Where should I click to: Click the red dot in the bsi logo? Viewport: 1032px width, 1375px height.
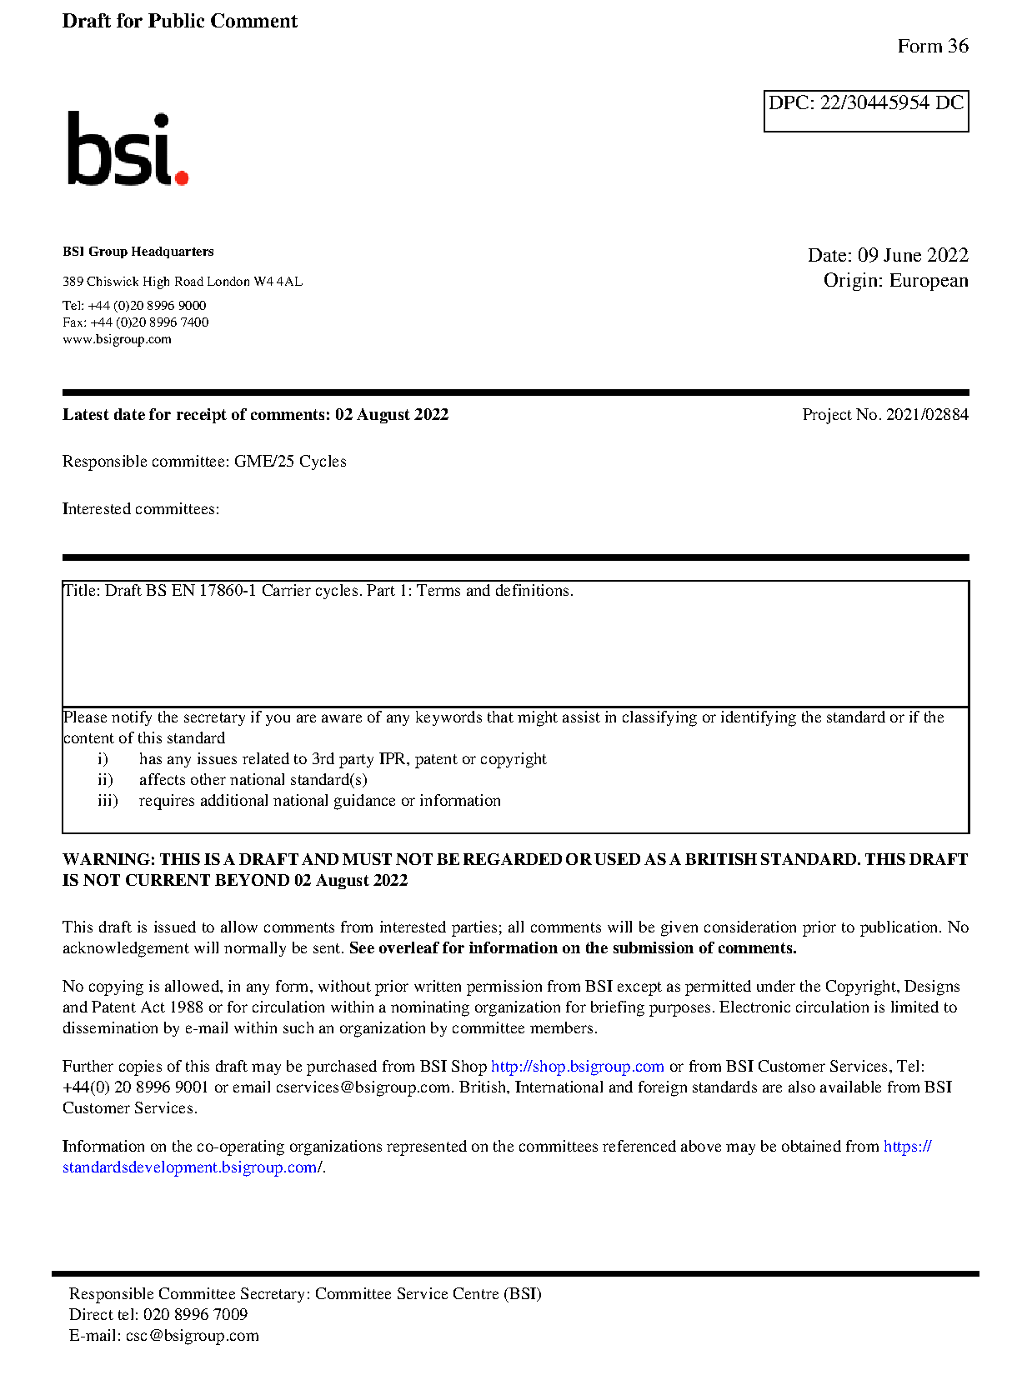coord(181,177)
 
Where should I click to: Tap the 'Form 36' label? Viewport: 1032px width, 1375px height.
coord(932,46)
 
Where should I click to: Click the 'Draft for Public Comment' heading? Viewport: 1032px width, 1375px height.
coord(179,21)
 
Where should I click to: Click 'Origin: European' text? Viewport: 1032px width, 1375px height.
coord(895,280)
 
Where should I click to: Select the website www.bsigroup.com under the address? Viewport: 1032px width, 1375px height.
coord(117,339)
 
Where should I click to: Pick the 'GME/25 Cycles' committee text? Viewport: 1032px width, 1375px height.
coord(290,461)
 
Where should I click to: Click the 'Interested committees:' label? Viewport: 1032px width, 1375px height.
coord(141,508)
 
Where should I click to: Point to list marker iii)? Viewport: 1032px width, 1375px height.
coord(108,800)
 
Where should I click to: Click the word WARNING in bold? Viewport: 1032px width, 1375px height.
coord(108,859)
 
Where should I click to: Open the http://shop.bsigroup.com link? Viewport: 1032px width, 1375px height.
coord(577,1066)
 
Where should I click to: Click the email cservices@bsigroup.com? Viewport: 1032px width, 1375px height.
coord(363,1087)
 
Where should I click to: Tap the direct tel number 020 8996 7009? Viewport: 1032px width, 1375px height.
coord(195,1314)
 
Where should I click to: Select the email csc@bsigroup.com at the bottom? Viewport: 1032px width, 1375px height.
coord(192,1335)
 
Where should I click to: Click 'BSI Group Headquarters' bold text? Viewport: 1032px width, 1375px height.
coord(138,252)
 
